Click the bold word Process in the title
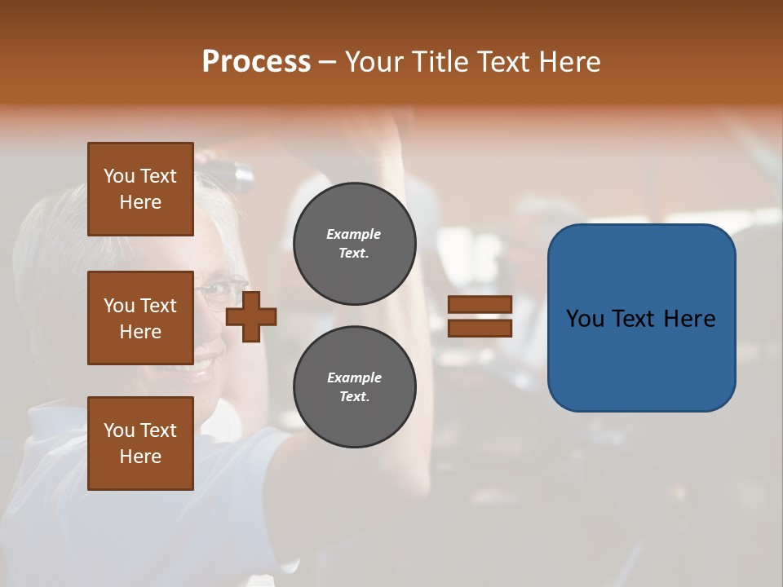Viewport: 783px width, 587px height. pyautogui.click(x=256, y=62)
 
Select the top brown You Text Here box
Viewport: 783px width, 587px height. pyautogui.click(x=140, y=189)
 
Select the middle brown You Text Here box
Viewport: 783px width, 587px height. pyautogui.click(x=140, y=318)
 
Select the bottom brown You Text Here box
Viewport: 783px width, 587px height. pyautogui.click(x=140, y=444)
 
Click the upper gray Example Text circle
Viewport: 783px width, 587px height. pyautogui.click(x=354, y=243)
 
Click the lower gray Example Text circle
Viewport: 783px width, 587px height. pyautogui.click(x=354, y=386)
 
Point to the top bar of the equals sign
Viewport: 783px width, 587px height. pyautogui.click(x=480, y=304)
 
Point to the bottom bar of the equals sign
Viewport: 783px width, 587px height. pyautogui.click(x=480, y=328)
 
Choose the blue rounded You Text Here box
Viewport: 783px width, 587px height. pyautogui.click(x=641, y=317)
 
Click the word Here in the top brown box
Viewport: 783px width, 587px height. pyautogui.click(x=140, y=202)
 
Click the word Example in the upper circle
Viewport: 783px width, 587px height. pyautogui.click(x=354, y=234)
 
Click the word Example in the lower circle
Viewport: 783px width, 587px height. pyautogui.click(x=354, y=377)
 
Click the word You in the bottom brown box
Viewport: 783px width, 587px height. pyautogui.click(x=119, y=430)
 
